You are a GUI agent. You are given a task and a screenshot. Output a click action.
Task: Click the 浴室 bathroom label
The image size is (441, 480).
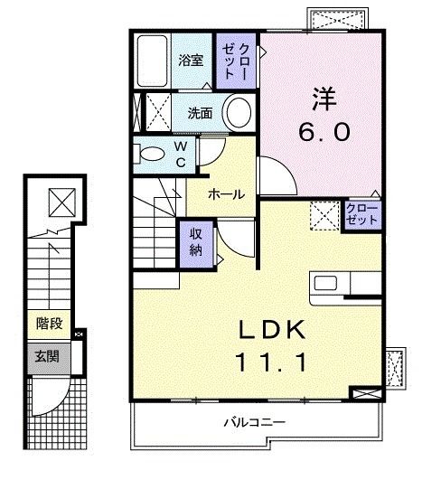191,61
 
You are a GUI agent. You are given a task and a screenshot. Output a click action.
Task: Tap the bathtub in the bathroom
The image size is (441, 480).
152,61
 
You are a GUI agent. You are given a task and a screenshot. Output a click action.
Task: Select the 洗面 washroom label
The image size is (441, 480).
200,113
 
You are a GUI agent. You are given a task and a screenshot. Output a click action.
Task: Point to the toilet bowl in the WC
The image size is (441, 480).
151,154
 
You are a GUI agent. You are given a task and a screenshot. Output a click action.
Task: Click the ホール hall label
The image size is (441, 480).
227,193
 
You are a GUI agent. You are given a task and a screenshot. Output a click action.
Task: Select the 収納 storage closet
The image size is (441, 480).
196,244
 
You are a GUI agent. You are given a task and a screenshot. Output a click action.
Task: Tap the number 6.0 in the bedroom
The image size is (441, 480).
324,132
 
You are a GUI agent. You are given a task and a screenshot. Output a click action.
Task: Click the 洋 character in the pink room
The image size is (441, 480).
324,99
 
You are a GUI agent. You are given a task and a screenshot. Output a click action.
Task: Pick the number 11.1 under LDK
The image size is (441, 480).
271,362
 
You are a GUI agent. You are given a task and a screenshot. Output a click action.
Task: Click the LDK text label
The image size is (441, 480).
272,329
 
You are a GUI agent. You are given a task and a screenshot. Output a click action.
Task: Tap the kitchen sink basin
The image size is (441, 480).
325,283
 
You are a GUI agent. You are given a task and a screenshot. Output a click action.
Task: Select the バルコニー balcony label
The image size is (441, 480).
255,422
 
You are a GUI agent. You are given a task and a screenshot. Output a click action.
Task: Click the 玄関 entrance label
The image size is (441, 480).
47,357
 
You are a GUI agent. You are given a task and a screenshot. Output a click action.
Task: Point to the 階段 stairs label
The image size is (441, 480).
50,324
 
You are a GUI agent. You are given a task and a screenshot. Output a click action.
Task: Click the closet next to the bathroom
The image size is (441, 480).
236,61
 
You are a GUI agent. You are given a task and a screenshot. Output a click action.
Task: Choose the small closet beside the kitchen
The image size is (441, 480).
362,215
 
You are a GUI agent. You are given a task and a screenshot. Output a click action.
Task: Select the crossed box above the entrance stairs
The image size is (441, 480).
62,202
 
